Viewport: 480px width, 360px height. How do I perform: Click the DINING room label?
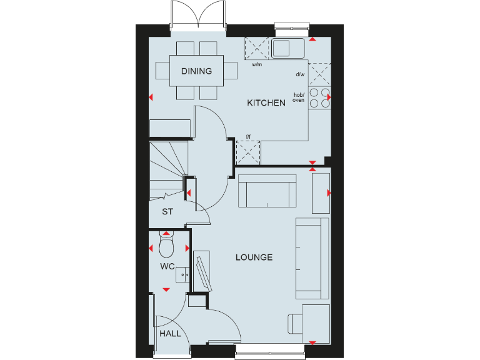tap(196, 71)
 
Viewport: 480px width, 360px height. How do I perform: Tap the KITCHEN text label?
tap(266, 103)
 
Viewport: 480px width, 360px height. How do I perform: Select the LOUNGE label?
tap(254, 257)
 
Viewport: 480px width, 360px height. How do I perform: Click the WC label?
tap(166, 267)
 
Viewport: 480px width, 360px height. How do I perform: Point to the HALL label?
tap(170, 334)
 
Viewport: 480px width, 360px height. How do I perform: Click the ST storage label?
tap(167, 212)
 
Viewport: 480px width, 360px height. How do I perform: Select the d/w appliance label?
tap(300, 74)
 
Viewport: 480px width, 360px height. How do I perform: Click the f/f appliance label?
tap(247, 136)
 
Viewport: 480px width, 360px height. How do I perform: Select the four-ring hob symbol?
tap(319, 97)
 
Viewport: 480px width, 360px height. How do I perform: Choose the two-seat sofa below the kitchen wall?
tap(267, 191)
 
